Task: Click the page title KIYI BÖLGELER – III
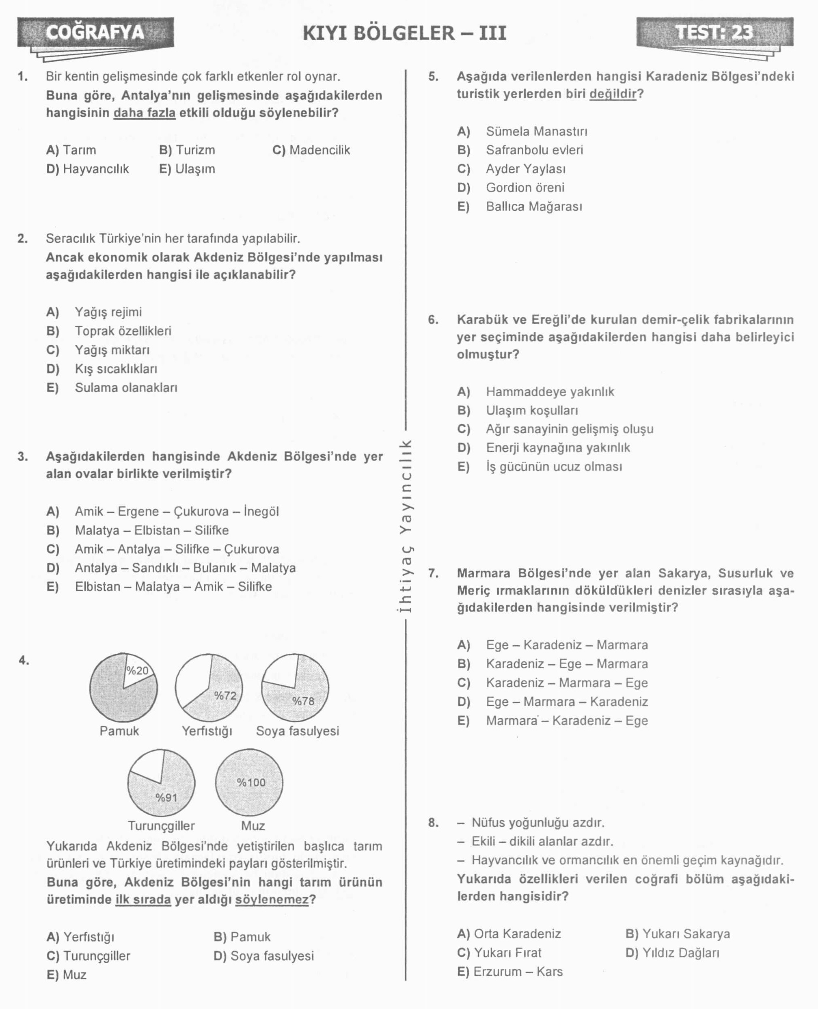[x=404, y=33]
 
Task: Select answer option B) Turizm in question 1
[x=187, y=150]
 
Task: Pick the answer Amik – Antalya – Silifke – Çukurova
[x=177, y=549]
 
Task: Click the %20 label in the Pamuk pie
[x=138, y=671]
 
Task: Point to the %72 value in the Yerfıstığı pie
[x=225, y=696]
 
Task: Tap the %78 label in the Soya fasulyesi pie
[x=303, y=701]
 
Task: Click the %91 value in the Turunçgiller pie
[x=166, y=797]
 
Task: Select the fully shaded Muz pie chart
[x=249, y=783]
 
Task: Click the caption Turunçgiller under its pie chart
[x=161, y=825]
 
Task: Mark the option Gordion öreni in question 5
[x=525, y=188]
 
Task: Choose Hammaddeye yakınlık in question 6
[x=550, y=392]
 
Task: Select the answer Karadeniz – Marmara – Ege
[x=567, y=683]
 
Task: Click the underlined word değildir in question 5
[x=613, y=94]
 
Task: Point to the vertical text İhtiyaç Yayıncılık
[x=406, y=526]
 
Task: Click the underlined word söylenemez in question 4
[x=272, y=899]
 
